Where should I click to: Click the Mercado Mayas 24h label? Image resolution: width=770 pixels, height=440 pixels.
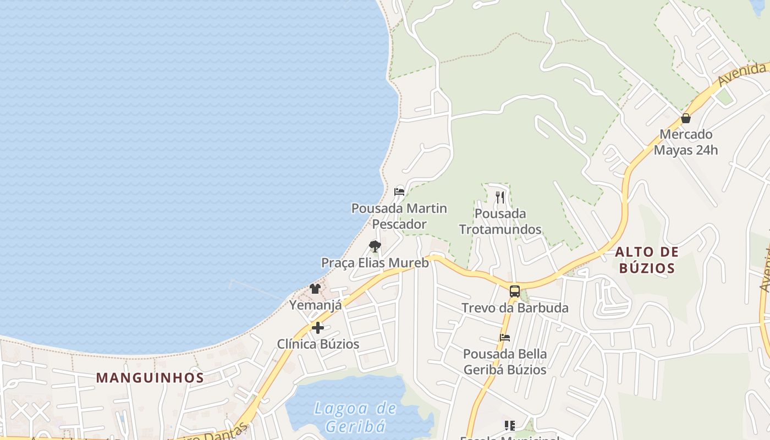pos(685,142)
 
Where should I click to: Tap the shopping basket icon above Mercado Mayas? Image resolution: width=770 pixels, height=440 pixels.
pos(685,118)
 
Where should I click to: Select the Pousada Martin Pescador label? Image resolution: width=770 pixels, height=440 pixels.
pos(399,216)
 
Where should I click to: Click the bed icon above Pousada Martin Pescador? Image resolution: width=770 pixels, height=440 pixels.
pos(399,192)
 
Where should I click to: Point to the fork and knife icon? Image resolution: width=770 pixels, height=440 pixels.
pos(500,197)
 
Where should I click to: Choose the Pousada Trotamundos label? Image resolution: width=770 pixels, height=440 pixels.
pos(500,221)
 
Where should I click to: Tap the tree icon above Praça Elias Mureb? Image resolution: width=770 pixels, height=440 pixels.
pos(375,246)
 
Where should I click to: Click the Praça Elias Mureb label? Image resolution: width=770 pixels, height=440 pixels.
pos(375,262)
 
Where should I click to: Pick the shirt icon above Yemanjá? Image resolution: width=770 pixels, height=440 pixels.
pos(315,288)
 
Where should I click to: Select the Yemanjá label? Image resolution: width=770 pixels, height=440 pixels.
pos(315,305)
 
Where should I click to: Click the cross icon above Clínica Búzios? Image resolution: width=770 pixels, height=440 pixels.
pos(318,328)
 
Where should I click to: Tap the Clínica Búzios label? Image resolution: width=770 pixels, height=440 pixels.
pos(318,344)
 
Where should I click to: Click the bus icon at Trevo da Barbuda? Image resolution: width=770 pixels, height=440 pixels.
pos(514,291)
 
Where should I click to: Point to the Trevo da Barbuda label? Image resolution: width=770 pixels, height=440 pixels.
pos(514,307)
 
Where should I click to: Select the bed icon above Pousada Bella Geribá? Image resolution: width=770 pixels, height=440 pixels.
pos(504,337)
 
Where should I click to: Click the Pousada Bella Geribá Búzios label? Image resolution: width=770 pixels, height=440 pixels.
pos(504,361)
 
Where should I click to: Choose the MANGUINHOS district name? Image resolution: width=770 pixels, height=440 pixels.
pos(150,378)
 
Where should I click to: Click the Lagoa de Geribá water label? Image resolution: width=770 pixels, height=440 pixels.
pos(355,417)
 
